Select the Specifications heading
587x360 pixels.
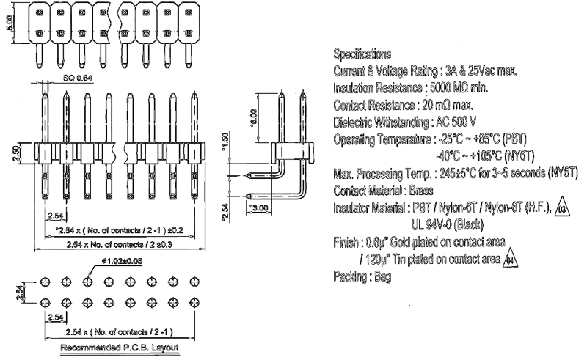point(362,54)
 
